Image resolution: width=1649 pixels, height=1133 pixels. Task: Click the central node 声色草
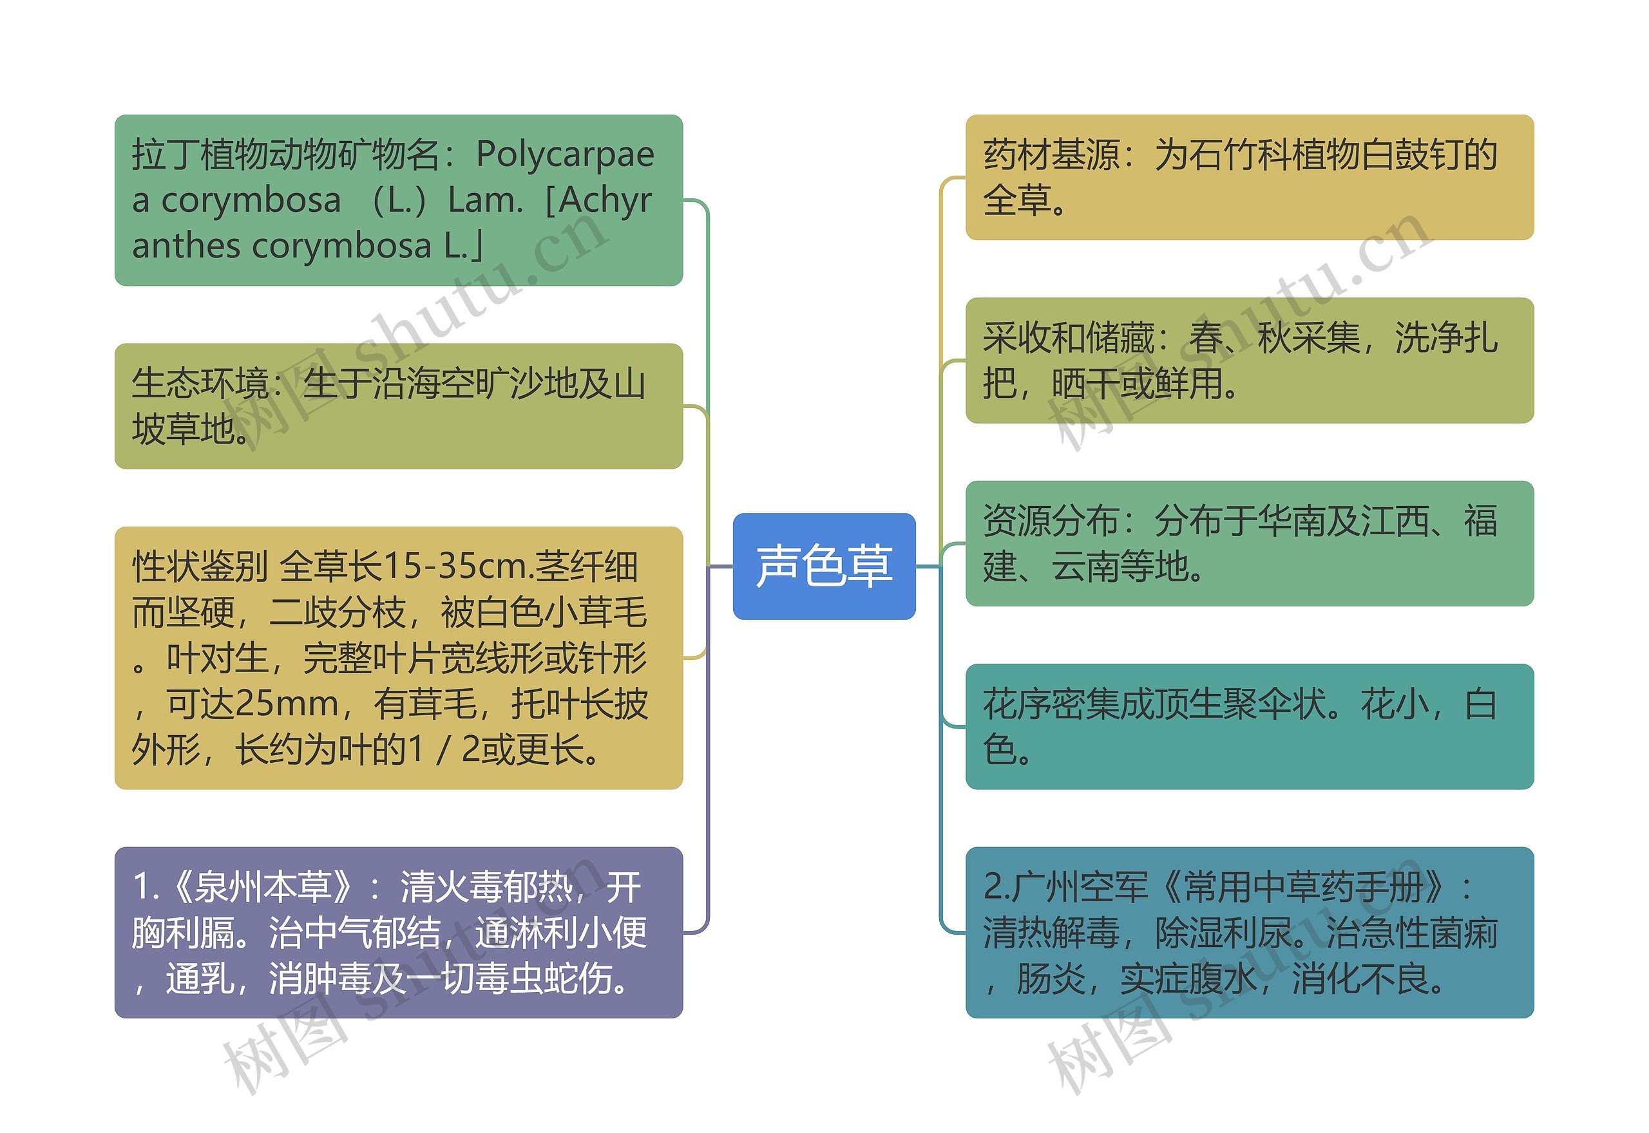point(824,566)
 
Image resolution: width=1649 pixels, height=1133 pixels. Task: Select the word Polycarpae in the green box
point(564,154)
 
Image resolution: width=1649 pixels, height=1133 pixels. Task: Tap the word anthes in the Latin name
point(186,247)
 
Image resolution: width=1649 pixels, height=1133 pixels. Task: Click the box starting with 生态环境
point(399,406)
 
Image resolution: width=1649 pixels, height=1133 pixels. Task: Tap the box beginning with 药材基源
point(1249,178)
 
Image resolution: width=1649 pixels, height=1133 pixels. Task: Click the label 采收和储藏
point(1069,338)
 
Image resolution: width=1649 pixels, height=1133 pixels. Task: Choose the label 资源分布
point(1051,521)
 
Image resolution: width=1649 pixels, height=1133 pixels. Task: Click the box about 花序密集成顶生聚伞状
point(1249,726)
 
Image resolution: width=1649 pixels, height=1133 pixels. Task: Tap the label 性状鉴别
point(200,566)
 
